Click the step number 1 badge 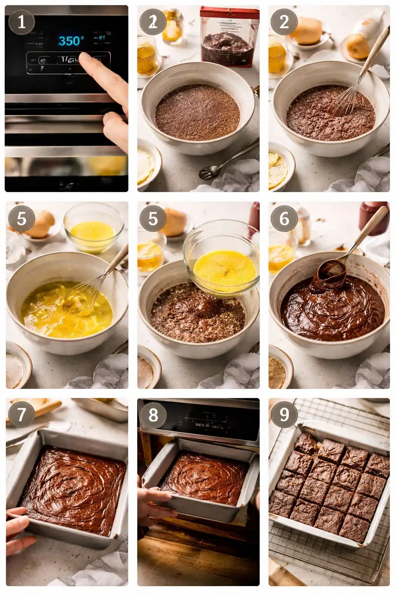click(22, 22)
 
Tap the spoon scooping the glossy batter click(331, 273)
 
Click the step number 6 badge click(284, 218)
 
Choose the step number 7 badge click(22, 414)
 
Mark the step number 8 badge click(153, 415)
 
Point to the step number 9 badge click(284, 414)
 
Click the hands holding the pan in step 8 click(155, 504)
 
